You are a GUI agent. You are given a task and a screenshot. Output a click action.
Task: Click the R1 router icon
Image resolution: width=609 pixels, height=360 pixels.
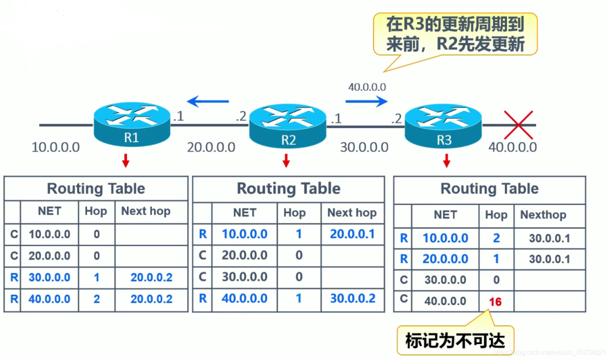(x=132, y=123)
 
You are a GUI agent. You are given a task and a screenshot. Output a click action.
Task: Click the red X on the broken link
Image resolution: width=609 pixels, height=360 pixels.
(x=518, y=125)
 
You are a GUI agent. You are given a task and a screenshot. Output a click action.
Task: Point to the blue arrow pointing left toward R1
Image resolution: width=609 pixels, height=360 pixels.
(x=208, y=101)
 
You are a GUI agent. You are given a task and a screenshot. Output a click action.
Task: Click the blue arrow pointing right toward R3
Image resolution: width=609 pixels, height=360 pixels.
(x=366, y=101)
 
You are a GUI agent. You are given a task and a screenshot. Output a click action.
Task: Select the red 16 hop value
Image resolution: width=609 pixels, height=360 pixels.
(x=495, y=301)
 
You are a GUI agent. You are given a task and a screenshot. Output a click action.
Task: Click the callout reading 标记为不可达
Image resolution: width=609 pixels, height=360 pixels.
(x=455, y=340)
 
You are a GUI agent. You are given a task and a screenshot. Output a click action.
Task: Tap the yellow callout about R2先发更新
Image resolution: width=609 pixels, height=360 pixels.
(x=455, y=34)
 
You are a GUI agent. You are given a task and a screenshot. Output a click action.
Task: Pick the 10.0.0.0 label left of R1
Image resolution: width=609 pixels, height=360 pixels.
(x=56, y=147)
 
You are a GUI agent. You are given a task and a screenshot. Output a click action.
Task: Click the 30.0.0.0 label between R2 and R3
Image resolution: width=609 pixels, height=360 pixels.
(x=364, y=147)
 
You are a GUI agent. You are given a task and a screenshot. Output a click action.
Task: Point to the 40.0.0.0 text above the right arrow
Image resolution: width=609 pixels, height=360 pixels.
(x=367, y=87)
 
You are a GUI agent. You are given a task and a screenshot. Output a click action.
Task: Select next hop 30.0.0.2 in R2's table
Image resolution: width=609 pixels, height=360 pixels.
(x=352, y=298)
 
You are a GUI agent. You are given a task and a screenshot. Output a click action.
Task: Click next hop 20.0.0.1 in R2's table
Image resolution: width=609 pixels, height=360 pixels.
(x=352, y=234)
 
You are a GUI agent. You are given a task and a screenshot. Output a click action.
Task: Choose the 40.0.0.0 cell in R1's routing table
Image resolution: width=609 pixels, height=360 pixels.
(x=49, y=299)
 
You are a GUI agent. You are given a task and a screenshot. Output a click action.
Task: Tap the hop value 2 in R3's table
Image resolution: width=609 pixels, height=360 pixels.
(x=496, y=238)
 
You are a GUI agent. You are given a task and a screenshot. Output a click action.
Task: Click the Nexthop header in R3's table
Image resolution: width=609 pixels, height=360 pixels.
(x=543, y=215)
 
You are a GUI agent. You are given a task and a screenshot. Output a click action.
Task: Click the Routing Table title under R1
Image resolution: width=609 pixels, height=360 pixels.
(x=96, y=189)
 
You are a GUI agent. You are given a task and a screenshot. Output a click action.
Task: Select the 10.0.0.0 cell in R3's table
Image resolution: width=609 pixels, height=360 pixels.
(x=445, y=238)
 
